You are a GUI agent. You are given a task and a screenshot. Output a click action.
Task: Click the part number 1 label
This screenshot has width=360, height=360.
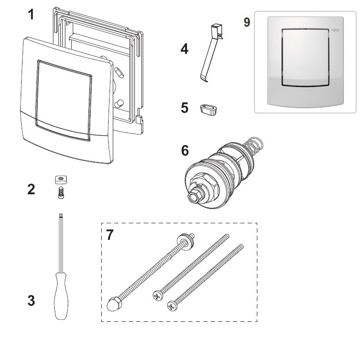(30, 15)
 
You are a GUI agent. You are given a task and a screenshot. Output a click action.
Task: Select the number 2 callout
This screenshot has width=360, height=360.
(30, 189)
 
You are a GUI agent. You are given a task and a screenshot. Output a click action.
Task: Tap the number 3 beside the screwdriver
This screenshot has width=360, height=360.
(30, 301)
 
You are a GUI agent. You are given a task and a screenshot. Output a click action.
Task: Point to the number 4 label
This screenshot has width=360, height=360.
(184, 49)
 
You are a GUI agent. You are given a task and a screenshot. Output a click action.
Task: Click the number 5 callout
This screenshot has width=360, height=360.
(184, 108)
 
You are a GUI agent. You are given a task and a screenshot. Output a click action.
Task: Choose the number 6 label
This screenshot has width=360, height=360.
(184, 151)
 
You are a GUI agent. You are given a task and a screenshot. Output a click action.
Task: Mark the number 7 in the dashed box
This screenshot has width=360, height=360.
(110, 235)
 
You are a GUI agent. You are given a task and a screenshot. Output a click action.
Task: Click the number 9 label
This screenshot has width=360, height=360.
(247, 23)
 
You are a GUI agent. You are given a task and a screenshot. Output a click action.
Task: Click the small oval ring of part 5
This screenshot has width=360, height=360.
(208, 109)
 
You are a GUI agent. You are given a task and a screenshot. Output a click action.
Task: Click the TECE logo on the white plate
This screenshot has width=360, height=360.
(336, 30)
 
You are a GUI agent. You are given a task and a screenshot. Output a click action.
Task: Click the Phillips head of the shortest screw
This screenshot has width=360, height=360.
(173, 305)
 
